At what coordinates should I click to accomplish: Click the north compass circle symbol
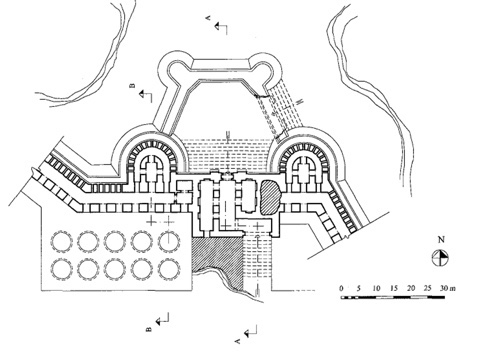440,257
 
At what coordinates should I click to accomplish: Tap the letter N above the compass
441,239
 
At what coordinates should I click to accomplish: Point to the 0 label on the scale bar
341,288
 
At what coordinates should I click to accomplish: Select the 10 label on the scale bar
376,288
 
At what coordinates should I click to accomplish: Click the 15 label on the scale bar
394,288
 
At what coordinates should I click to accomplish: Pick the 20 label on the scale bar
411,288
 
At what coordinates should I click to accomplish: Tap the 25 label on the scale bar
428,288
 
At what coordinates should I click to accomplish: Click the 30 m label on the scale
448,288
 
